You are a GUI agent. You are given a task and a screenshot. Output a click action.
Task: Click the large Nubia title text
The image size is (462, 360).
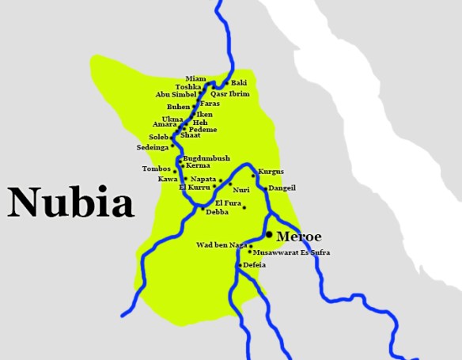[71, 203]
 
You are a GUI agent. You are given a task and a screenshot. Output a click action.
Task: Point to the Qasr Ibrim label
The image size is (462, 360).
[231, 93]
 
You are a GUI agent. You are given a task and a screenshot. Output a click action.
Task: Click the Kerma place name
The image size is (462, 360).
[198, 165]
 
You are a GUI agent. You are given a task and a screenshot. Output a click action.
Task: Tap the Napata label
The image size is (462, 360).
[203, 179]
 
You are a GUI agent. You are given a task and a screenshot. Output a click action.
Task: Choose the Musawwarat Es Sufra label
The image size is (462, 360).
[292, 252]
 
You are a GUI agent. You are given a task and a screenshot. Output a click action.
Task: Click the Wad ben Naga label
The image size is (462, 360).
[222, 245]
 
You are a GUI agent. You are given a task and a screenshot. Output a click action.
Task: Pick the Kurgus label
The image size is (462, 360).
[271, 172]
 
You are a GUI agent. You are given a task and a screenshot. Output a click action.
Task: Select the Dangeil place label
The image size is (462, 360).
[282, 188]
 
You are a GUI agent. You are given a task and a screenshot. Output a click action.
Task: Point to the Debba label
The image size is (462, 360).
[217, 213]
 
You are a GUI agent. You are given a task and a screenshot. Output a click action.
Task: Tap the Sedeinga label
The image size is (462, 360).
[153, 147]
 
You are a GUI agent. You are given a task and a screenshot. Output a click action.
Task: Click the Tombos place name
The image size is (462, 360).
[156, 169]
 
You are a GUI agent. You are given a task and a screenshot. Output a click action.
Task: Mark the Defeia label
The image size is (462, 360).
[255, 265]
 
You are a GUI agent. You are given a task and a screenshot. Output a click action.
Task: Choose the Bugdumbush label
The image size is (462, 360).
[206, 158]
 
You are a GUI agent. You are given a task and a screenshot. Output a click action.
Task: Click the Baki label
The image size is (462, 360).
[239, 82]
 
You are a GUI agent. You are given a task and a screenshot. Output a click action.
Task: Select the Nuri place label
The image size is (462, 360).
[240, 190]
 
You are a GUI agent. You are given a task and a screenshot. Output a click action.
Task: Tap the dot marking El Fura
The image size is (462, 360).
[244, 208]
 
